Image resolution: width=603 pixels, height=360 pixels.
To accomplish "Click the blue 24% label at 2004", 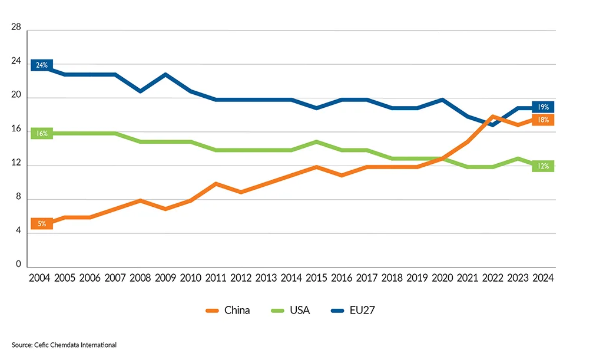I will pyautogui.click(x=42, y=65).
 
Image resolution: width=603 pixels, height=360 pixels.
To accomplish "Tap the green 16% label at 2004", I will pyautogui.click(x=42, y=134).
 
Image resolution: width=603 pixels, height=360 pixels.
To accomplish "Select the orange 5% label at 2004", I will pyautogui.click(x=42, y=224).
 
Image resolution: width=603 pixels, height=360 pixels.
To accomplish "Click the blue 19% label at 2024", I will pyautogui.click(x=543, y=107).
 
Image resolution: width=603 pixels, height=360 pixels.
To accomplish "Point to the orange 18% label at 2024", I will pyautogui.click(x=543, y=120).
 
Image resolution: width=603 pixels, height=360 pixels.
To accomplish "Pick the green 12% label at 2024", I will pyautogui.click(x=543, y=167).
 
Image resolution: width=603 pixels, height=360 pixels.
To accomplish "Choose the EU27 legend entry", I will pyautogui.click(x=354, y=311).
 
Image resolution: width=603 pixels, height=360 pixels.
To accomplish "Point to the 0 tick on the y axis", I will pyautogui.click(x=18, y=265).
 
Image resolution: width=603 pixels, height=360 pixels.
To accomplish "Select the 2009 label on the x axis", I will pyautogui.click(x=165, y=278).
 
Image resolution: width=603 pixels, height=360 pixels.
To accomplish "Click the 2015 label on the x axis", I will pyautogui.click(x=316, y=278).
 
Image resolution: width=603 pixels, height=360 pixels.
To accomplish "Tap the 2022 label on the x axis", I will pyautogui.click(x=492, y=278).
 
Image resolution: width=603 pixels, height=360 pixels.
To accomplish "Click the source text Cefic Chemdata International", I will pyautogui.click(x=64, y=345).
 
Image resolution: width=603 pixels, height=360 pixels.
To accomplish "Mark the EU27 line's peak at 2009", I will pyautogui.click(x=165, y=74).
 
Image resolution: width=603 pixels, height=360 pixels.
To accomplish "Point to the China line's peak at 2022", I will pyautogui.click(x=492, y=117).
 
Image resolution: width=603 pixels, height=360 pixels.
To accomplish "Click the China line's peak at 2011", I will pyautogui.click(x=216, y=184).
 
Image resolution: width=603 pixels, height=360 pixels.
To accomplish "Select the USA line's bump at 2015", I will pyautogui.click(x=316, y=142).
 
